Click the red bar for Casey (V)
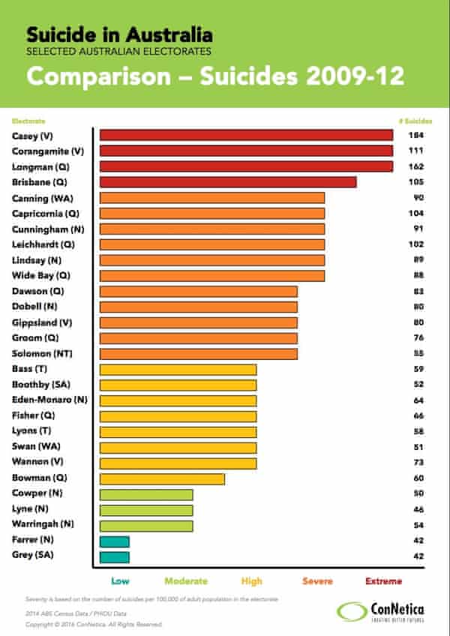point(247,135)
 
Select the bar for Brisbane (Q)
point(228,182)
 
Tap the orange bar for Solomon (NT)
point(199,353)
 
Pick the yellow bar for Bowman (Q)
point(162,478)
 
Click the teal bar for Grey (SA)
point(115,556)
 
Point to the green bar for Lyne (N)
point(146,510)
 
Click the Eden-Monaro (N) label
point(49,400)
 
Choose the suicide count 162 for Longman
point(415,166)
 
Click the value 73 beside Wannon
point(418,463)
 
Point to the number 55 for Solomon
point(418,353)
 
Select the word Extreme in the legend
point(383,581)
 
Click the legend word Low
point(120,581)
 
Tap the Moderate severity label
point(185,581)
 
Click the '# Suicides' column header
point(414,120)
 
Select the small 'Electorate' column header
point(28,120)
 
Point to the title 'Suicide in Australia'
point(119,34)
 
